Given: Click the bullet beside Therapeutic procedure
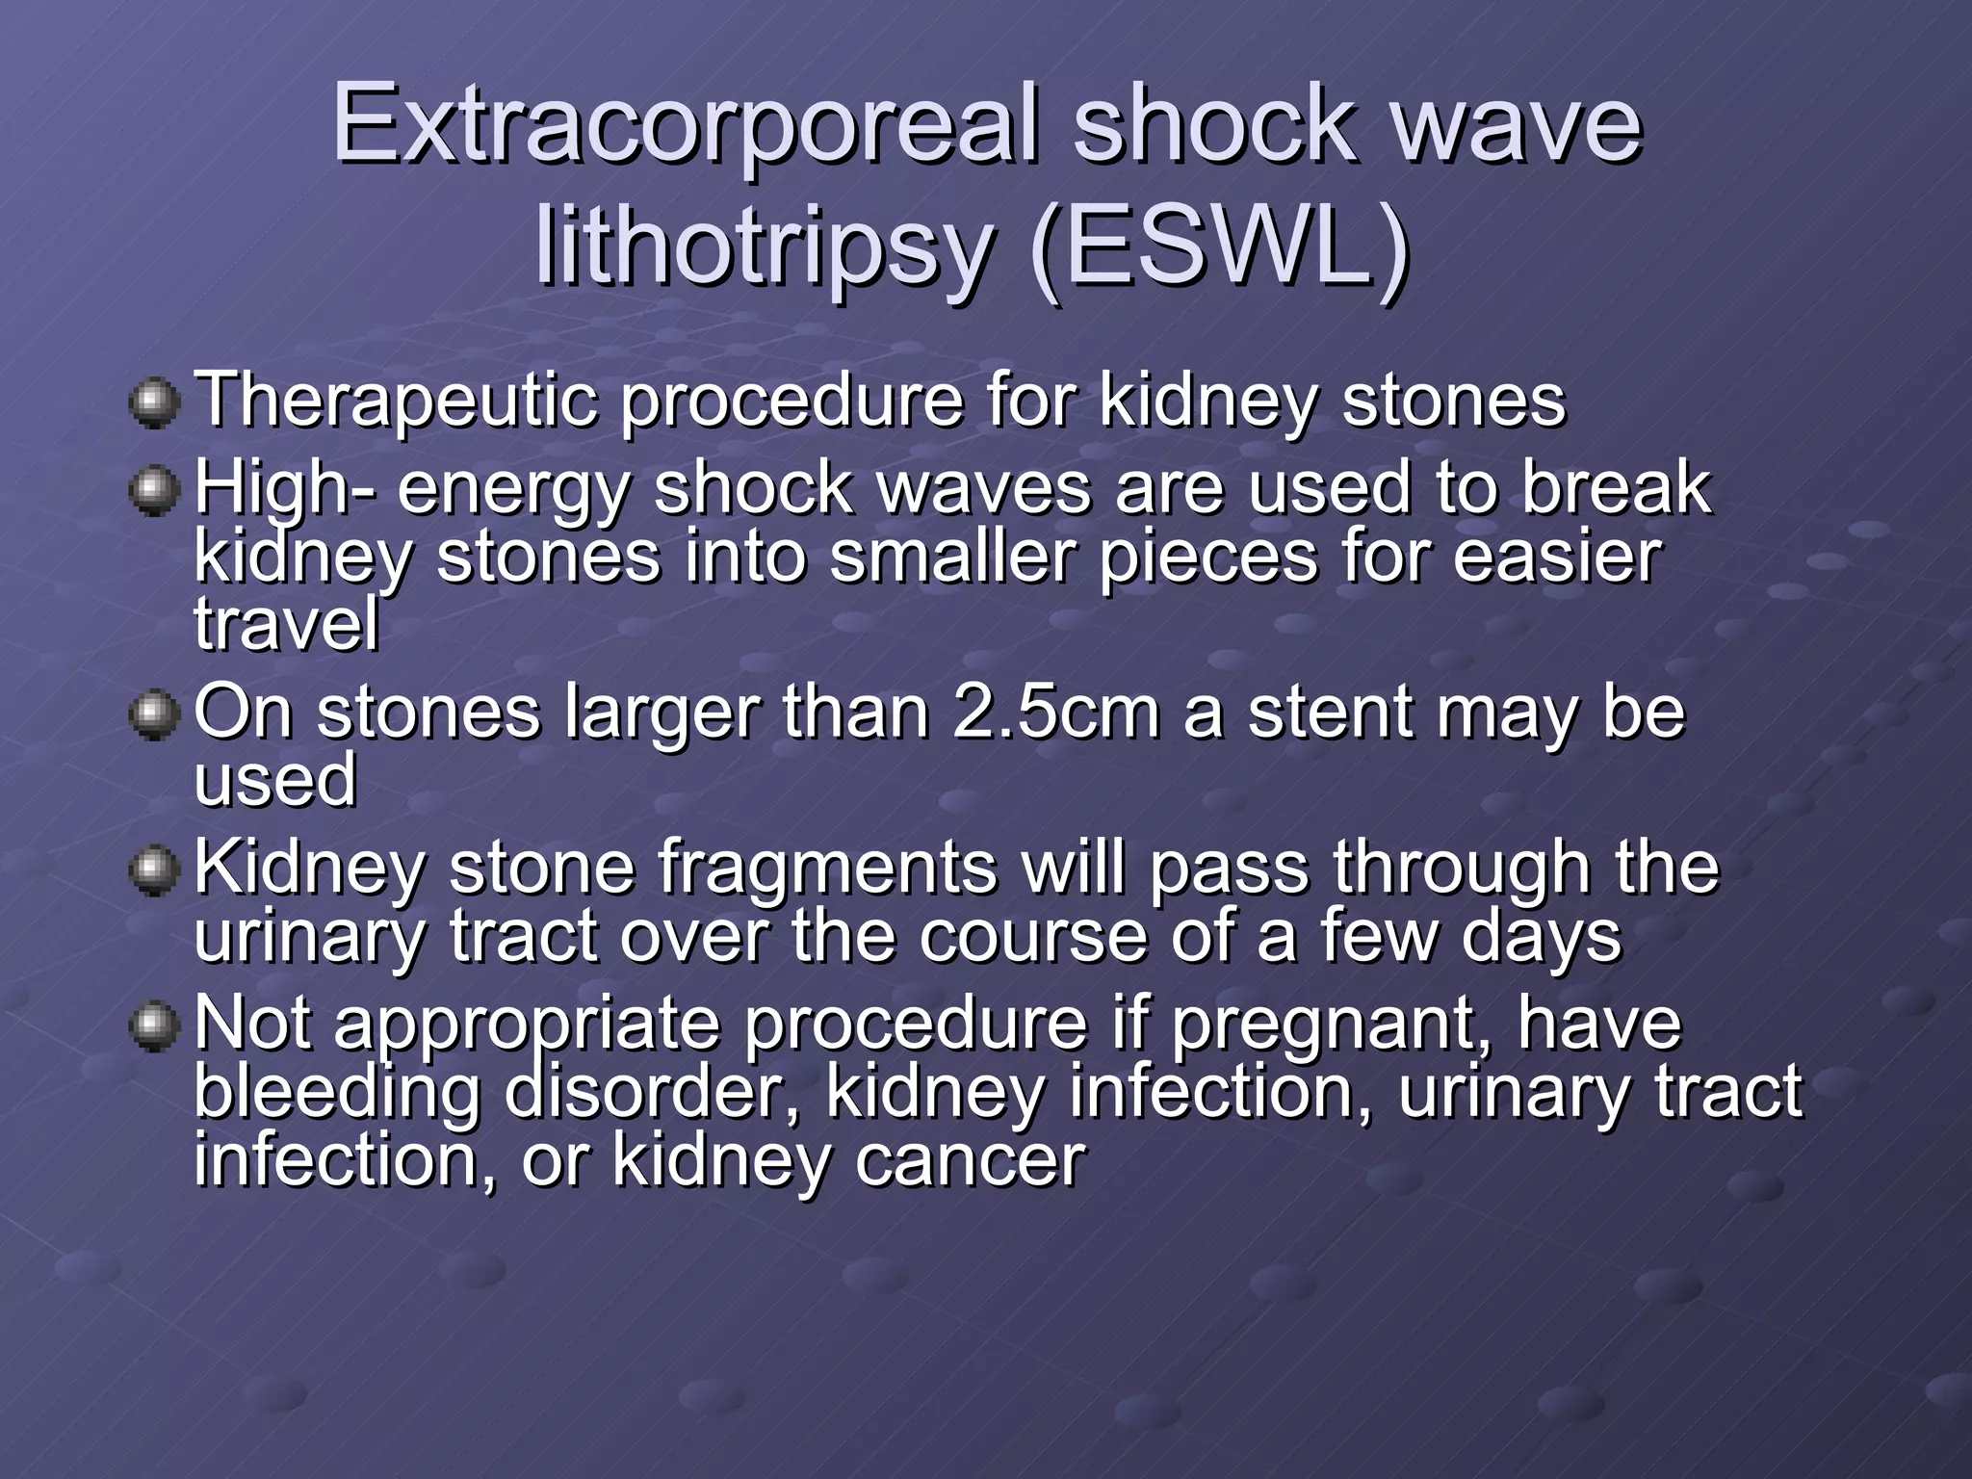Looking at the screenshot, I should pos(154,402).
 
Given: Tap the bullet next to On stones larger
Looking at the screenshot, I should pos(154,715).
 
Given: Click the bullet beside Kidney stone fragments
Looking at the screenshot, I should pos(154,870).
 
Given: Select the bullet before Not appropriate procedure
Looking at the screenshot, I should pos(154,1026).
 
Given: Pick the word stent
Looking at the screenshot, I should pos(1347,714).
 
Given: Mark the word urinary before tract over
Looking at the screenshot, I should pos(309,937).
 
